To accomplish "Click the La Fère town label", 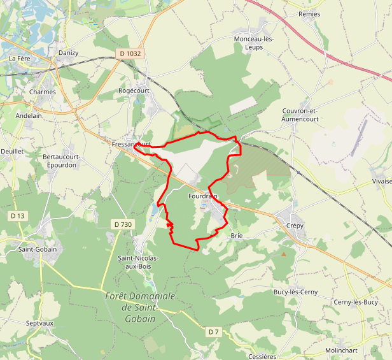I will point(20,59).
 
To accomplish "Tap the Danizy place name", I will point(68,53).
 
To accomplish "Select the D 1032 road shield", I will point(130,54).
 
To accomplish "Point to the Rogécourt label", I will point(134,90).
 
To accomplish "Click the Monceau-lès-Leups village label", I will point(254,43).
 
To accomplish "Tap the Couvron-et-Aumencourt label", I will point(299,115).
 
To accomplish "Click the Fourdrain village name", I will point(203,196).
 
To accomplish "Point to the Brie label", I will point(237,236).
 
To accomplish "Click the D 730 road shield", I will point(123,224).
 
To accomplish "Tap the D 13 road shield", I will point(18,216).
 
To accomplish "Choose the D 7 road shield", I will point(213,332).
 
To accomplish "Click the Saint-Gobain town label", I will point(38,249).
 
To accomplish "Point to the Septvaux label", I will point(39,324).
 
